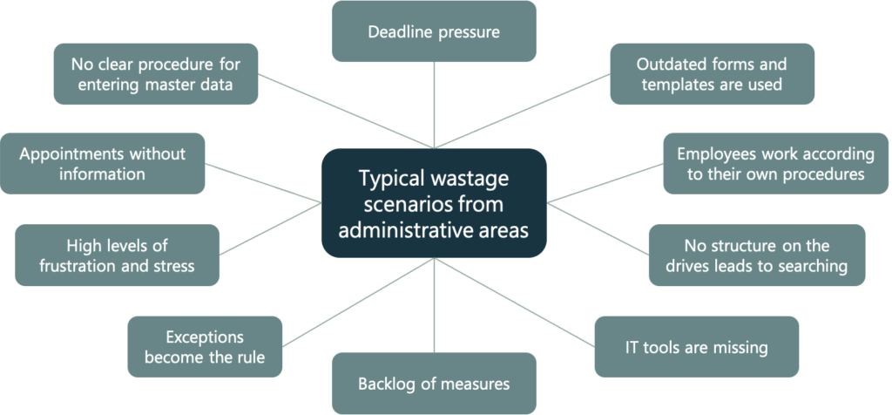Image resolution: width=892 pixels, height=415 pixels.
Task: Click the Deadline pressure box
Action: [434, 31]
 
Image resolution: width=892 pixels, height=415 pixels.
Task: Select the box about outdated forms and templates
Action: [713, 74]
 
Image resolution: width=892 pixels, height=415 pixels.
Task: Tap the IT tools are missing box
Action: [697, 347]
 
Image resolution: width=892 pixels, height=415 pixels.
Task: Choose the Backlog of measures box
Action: [434, 383]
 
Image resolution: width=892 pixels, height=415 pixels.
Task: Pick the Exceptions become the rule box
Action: [205, 347]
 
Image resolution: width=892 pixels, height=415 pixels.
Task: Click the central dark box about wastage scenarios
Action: [434, 203]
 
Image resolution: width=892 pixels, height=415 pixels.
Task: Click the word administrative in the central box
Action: [409, 230]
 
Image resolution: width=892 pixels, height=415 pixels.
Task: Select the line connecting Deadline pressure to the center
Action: [434, 105]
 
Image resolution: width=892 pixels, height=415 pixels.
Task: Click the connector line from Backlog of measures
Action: [434, 305]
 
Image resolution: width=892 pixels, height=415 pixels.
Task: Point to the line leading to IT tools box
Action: [515, 302]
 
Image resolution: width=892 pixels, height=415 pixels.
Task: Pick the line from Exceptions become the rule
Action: [358, 302]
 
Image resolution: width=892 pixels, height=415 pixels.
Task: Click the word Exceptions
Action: [205, 337]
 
